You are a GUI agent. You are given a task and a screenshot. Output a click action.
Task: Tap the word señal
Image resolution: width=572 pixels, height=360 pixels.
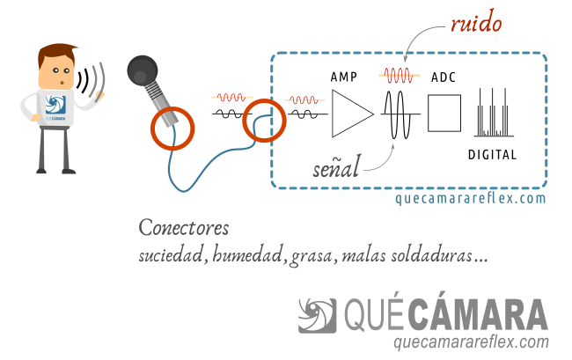point(336,167)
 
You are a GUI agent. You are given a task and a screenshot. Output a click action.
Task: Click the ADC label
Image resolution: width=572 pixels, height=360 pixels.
point(444,77)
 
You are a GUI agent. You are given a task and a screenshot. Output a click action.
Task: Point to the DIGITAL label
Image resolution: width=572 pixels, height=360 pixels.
point(493,155)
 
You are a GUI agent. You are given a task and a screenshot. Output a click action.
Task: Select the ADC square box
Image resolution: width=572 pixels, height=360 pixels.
point(444,114)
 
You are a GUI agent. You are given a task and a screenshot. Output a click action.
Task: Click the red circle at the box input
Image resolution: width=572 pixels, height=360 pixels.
point(265,121)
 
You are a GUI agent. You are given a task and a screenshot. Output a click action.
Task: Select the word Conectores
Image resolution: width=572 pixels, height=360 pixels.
point(183,228)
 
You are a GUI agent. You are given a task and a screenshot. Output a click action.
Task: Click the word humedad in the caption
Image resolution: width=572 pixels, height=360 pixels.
point(247,257)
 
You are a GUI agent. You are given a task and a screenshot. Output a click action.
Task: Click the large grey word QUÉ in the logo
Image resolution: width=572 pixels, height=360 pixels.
point(376,315)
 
